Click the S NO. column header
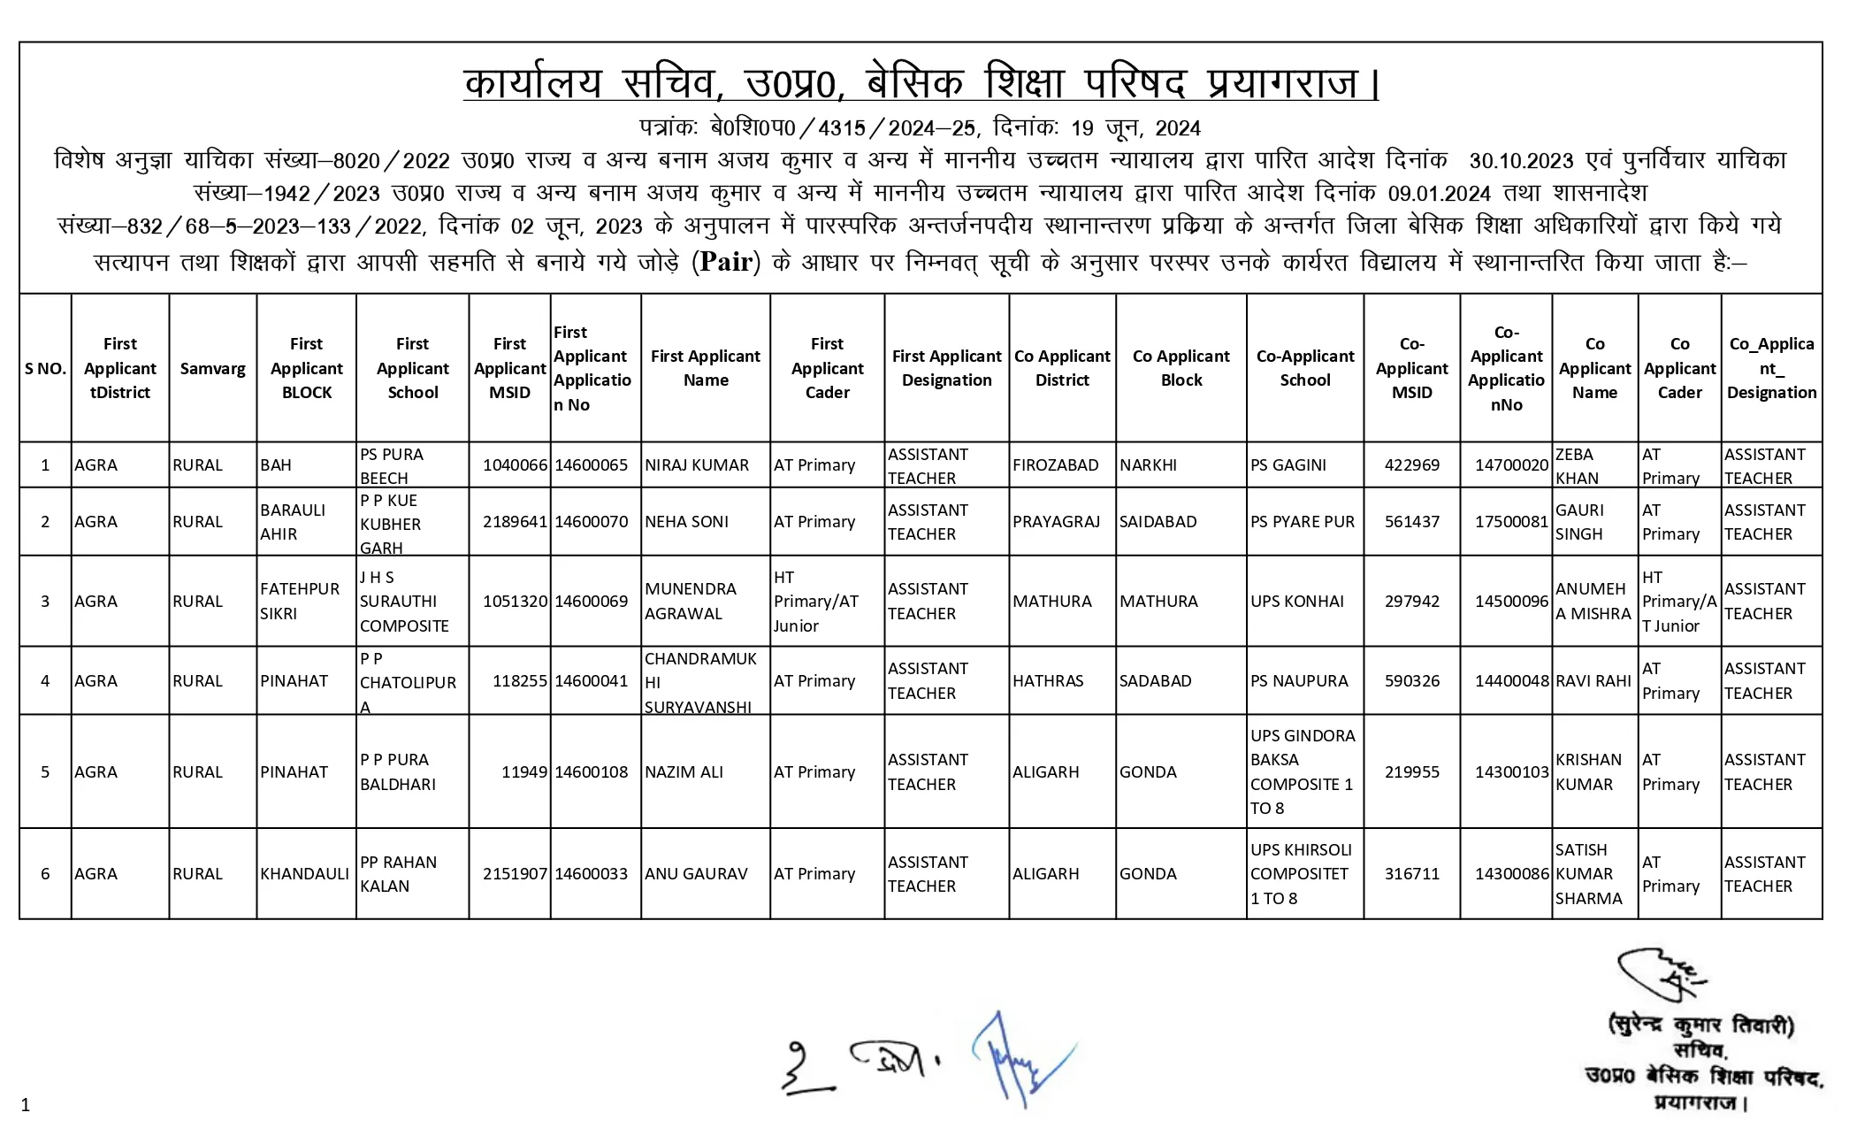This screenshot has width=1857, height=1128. [x=45, y=368]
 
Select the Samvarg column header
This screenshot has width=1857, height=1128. [x=212, y=368]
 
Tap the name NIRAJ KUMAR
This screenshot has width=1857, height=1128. [x=696, y=465]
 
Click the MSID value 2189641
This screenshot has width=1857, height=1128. [x=515, y=522]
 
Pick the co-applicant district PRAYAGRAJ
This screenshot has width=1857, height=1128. [x=1056, y=522]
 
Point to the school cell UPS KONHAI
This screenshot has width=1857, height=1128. [x=1296, y=602]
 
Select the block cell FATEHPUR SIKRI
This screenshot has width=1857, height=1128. [x=299, y=602]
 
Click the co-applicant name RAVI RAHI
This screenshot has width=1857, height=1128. [x=1593, y=681]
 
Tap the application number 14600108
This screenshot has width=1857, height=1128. [x=591, y=772]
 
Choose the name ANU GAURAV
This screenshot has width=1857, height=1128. [x=696, y=874]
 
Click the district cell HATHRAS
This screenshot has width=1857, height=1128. [x=1048, y=681]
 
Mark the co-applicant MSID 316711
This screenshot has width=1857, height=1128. [x=1411, y=874]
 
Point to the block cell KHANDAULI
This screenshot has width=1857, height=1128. [x=304, y=874]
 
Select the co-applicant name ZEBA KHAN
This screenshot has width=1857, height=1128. [x=1576, y=466]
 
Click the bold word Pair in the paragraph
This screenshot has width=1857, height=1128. [x=725, y=263]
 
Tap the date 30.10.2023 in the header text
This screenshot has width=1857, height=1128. [x=1521, y=161]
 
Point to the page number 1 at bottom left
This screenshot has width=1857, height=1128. [x=26, y=1104]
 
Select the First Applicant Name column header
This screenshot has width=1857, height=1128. [x=705, y=368]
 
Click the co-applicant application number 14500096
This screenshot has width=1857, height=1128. [x=1511, y=602]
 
